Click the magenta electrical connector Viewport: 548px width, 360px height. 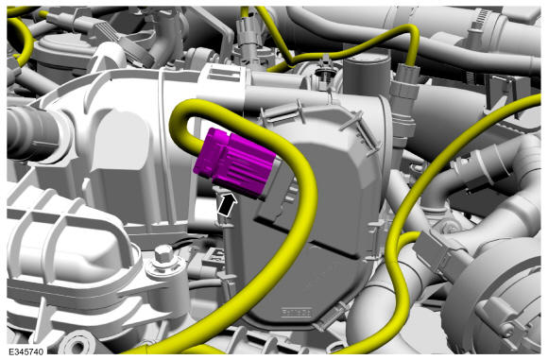pyautogui.click(x=234, y=164)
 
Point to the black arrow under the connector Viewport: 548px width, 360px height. pyautogui.click(x=227, y=206)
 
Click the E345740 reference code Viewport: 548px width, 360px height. pyautogui.click(x=26, y=351)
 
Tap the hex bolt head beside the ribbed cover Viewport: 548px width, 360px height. pyautogui.click(x=163, y=254)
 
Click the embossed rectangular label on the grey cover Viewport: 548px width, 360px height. pyautogui.click(x=297, y=312)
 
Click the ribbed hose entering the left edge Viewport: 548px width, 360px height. pyautogui.click(x=29, y=133)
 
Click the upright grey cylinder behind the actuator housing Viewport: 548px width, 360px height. pyautogui.click(x=367, y=76)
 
